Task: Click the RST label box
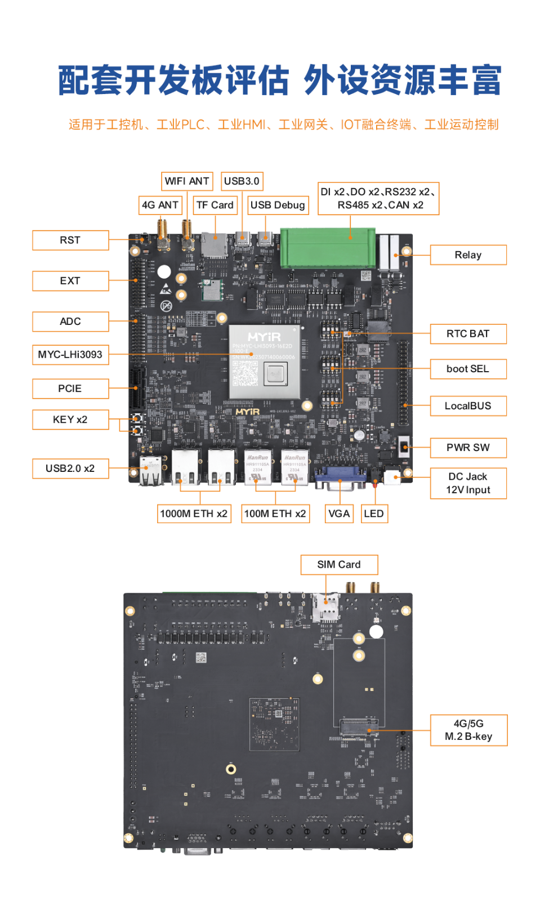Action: coord(70,240)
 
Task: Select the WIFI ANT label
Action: coord(187,181)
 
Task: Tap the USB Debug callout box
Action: coord(278,206)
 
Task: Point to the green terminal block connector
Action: coord(328,247)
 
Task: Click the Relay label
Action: coord(468,255)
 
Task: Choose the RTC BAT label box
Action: coord(468,334)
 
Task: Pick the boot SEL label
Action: coord(468,369)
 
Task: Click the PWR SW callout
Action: coord(468,448)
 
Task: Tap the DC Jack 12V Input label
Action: coord(468,484)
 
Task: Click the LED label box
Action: coord(374,514)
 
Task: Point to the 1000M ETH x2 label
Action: coord(194,514)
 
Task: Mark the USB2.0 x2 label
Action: coord(70,469)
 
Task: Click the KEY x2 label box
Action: coord(70,420)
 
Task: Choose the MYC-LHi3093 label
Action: coord(70,355)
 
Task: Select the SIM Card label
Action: coord(339,565)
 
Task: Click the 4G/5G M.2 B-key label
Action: coord(468,730)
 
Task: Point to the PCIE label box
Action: coord(70,389)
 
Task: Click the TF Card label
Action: coord(215,206)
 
